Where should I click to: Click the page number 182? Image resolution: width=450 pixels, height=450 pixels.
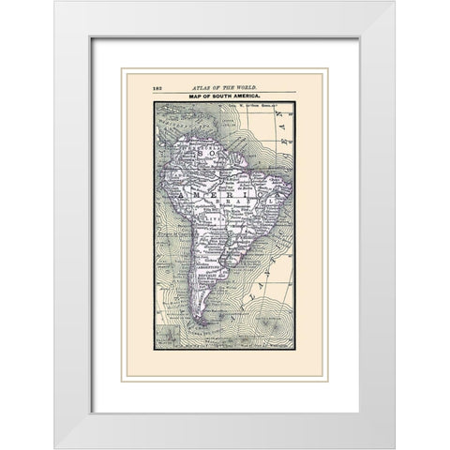[x=157, y=87]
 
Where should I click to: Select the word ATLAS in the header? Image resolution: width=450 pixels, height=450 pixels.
[x=198, y=87]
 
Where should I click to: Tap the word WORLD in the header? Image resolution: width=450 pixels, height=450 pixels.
[x=241, y=87]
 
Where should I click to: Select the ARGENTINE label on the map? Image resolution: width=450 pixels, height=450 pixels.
[x=209, y=265]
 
